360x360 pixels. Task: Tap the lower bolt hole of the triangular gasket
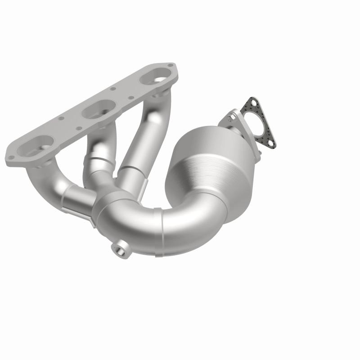pyautogui.click(x=270, y=143)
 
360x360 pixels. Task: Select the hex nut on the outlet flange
pyautogui.click(x=232, y=118)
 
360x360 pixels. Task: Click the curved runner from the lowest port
pyautogui.click(x=45, y=184)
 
